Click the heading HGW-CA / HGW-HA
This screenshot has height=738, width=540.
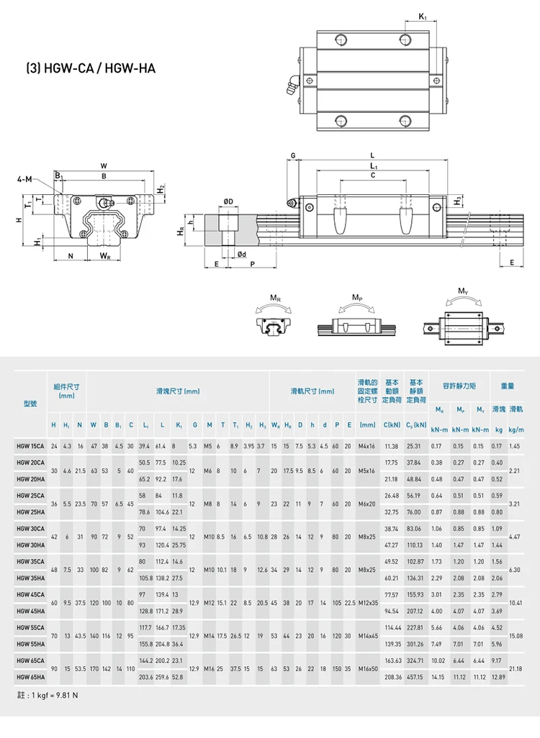90,69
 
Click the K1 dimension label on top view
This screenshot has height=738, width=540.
422,16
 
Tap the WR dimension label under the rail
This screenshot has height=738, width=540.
104,256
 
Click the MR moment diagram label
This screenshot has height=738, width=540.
275,297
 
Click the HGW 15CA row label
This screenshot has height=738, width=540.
30,446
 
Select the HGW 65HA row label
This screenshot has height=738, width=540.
30,677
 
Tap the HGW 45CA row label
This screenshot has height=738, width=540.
30,595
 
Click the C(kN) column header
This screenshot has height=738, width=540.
392,425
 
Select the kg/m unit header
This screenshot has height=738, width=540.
515,429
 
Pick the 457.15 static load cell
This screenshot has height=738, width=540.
415,677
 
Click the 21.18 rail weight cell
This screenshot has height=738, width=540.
515,668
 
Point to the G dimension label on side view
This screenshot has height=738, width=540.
293,155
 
